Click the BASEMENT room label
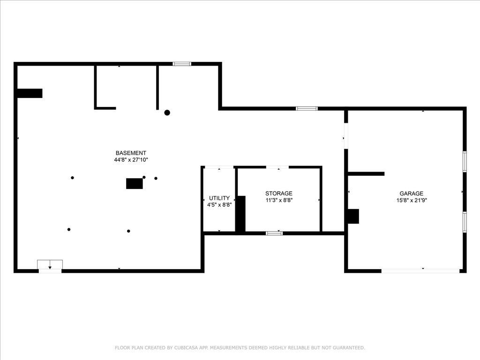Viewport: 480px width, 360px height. pyautogui.click(x=131, y=153)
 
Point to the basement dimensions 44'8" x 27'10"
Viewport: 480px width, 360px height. pyautogui.click(x=131, y=160)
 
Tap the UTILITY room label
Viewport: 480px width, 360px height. pyautogui.click(x=219, y=198)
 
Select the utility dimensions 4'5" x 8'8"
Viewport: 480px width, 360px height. pyautogui.click(x=219, y=205)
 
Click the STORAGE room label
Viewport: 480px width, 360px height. pyautogui.click(x=278, y=194)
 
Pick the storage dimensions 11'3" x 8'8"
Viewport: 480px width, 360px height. pyautogui.click(x=278, y=200)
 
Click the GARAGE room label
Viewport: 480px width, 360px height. pyautogui.click(x=412, y=194)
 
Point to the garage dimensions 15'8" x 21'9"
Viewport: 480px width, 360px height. pyautogui.click(x=412, y=200)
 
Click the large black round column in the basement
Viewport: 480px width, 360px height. pyautogui.click(x=167, y=112)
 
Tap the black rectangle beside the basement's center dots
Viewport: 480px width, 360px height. pyautogui.click(x=135, y=184)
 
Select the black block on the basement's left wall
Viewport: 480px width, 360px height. pyautogui.click(x=30, y=93)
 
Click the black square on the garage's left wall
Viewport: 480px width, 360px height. pyautogui.click(x=353, y=217)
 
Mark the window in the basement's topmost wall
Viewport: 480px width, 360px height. pyautogui.click(x=182, y=64)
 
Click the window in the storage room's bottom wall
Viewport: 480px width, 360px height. pyautogui.click(x=274, y=233)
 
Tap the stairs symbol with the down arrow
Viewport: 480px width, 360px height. pyautogui.click(x=50, y=265)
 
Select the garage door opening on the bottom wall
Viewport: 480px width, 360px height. pyautogui.click(x=420, y=271)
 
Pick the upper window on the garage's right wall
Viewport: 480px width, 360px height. pyautogui.click(x=465, y=162)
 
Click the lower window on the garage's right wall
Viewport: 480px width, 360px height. pyautogui.click(x=465, y=222)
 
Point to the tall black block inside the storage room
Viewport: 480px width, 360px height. pyautogui.click(x=240, y=214)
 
